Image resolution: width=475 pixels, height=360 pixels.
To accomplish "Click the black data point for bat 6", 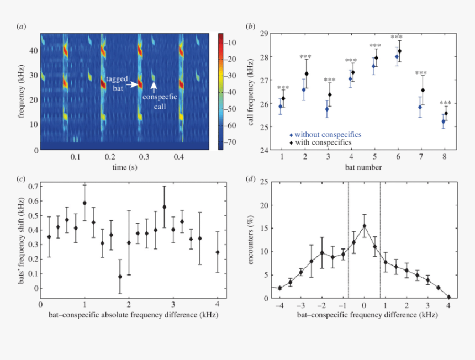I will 400,51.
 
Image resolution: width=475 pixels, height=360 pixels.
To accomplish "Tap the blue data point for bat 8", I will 444,121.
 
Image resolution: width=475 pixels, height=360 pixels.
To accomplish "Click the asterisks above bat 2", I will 305,57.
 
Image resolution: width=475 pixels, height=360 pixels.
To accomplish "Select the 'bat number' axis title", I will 363,167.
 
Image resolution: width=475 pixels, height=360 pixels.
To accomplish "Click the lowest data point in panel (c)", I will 120,277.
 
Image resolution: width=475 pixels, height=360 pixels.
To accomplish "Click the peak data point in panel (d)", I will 364,226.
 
